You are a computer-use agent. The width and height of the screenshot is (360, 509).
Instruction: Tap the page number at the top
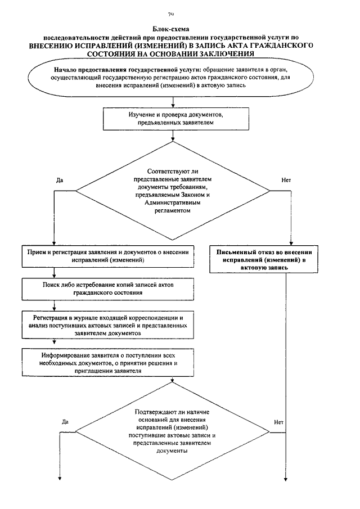coord(171,14)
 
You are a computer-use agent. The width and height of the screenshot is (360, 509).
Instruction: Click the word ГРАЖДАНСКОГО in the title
coord(283,46)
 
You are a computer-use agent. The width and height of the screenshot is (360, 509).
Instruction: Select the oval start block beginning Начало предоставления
coord(171,78)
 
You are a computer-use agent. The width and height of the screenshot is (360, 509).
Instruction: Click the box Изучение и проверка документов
coord(176,119)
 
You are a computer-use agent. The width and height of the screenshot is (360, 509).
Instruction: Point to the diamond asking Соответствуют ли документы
coord(173,191)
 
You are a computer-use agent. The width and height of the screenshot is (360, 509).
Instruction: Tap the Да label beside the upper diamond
coord(60,180)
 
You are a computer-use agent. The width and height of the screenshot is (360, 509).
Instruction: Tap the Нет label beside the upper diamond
coord(286,180)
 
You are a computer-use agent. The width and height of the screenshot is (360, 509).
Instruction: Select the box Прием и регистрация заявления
coord(108,256)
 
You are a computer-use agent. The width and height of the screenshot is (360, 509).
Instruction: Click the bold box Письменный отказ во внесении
coord(264,260)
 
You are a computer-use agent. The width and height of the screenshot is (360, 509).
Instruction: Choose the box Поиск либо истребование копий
coord(108,289)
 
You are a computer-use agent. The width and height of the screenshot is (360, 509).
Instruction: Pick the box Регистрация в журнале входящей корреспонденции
coord(108,325)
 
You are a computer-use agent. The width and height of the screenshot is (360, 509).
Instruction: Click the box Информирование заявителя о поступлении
coord(108,363)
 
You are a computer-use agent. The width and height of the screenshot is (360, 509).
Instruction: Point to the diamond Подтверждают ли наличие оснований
coord(172,431)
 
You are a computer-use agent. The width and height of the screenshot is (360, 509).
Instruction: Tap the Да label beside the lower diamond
coord(65,422)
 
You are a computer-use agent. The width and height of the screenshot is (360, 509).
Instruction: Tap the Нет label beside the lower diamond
coord(278,422)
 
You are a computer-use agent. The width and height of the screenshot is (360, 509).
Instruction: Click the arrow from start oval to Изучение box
coord(173,102)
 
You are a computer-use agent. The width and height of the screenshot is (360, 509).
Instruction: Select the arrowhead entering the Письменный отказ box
coord(291,243)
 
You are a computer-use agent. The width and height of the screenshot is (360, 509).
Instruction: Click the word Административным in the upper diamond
coord(172,203)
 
